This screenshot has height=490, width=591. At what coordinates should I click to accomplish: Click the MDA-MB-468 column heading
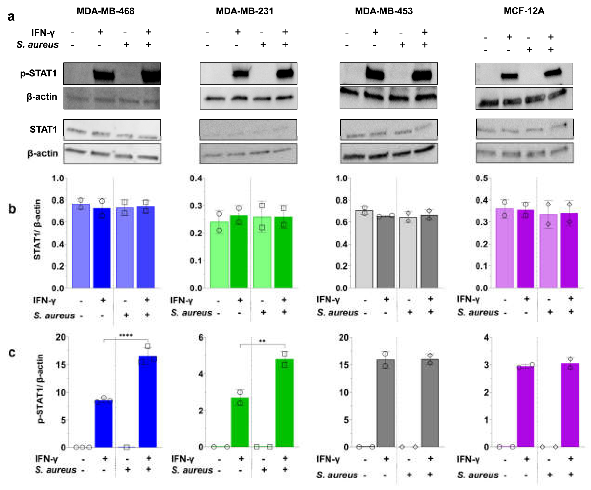coord(105,11)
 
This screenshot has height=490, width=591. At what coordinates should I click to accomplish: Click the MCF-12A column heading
coord(524,11)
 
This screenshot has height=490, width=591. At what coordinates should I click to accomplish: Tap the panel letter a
coord(11,17)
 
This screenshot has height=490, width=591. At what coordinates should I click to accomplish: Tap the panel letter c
coord(12,352)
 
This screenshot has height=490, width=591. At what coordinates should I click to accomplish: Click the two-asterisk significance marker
coord(262,341)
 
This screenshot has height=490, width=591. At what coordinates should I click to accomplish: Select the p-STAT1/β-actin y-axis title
coord(40,388)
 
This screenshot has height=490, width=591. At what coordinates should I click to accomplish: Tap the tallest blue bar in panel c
coord(148,402)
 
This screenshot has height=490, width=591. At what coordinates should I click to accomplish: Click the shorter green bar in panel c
coord(240,422)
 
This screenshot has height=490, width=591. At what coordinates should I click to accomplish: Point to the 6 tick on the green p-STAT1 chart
coord(200,337)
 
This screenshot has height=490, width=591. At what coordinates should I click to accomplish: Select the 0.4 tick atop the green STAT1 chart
coord(196,178)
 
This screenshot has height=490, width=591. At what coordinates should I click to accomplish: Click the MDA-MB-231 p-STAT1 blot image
coord(249,73)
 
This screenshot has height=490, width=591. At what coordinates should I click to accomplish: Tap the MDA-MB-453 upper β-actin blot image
coord(388,98)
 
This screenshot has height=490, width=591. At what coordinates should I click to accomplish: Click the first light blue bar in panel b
coord(81,246)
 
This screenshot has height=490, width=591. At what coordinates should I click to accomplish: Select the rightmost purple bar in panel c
coord(570,405)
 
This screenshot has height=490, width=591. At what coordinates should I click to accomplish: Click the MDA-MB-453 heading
coord(384,11)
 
